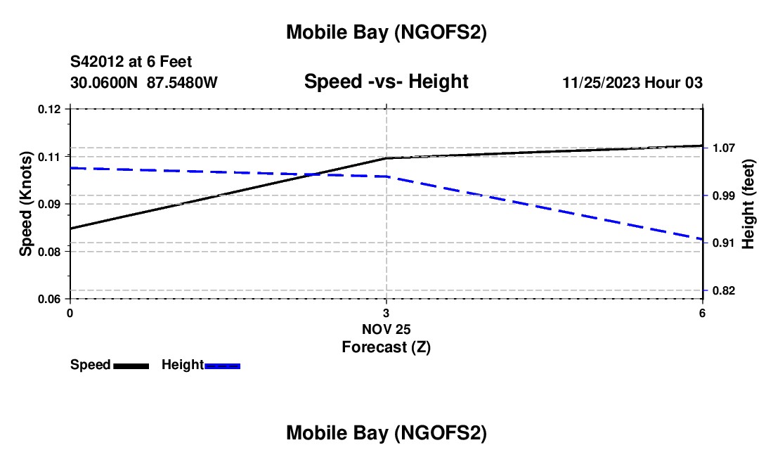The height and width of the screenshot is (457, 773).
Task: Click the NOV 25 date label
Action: (386, 329)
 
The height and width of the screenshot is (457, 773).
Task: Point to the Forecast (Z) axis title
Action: (386, 347)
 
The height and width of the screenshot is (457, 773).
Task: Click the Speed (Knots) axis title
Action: (26, 204)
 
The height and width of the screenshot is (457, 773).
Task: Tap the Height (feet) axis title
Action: (748, 204)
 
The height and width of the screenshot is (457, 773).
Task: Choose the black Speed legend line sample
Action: (131, 366)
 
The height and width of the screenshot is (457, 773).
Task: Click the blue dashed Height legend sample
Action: (223, 366)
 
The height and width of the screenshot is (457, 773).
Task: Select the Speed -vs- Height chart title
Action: (386, 82)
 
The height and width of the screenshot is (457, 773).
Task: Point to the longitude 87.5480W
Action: (182, 83)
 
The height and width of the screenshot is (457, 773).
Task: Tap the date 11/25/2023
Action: (601, 83)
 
